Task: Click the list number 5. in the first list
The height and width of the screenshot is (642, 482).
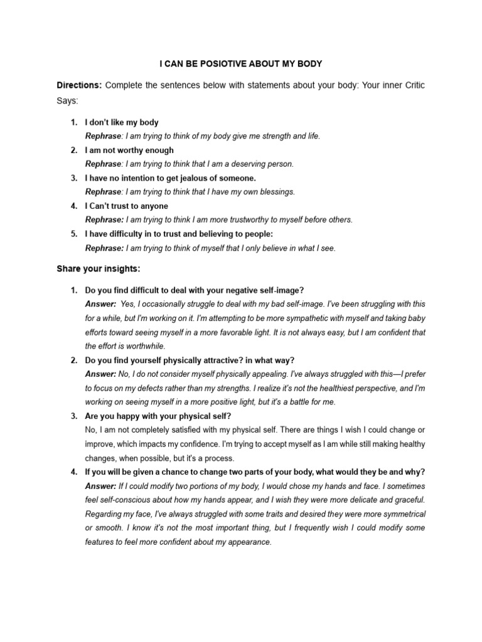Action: (73, 234)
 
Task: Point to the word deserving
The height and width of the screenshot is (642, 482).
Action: (244, 164)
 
